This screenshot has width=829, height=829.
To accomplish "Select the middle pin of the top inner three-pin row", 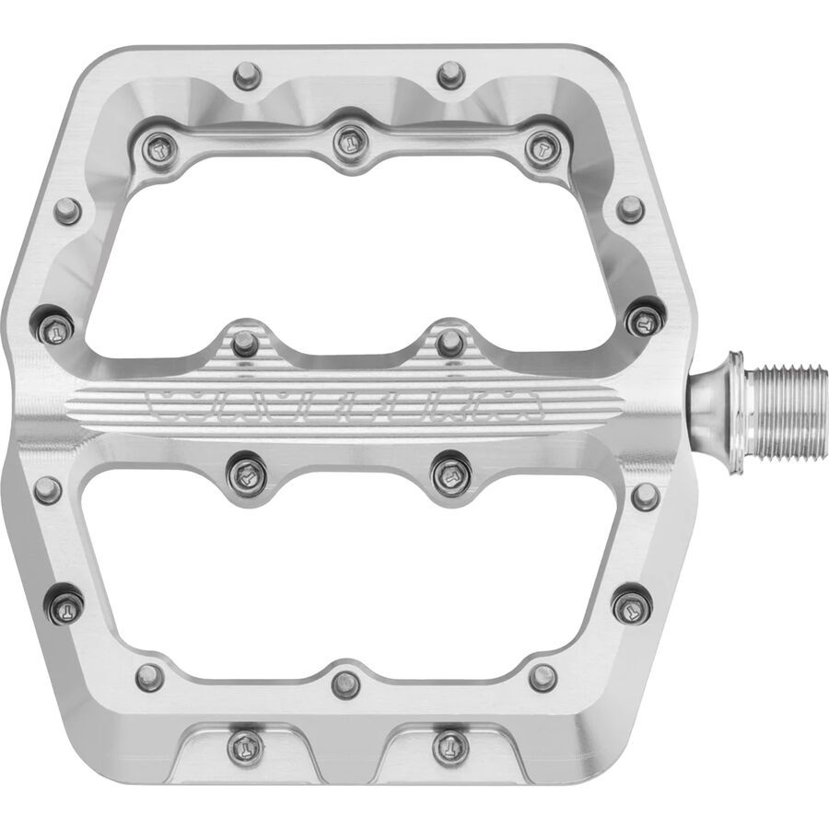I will coord(346,141).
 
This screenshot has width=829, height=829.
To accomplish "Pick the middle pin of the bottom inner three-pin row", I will coord(346,683).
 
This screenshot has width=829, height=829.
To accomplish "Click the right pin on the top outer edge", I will coord(449,73).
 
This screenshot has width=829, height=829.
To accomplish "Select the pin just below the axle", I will coord(647,496).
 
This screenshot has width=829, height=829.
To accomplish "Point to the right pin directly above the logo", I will coord(450,343).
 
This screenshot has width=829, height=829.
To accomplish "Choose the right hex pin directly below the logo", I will coord(450,474).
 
